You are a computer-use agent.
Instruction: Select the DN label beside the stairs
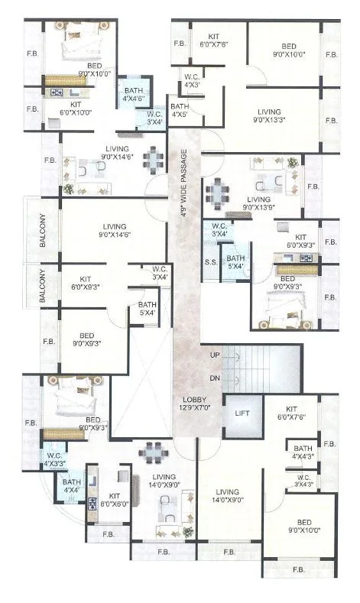pyautogui.click(x=215, y=378)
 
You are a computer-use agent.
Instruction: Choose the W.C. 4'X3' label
pyautogui.click(x=192, y=80)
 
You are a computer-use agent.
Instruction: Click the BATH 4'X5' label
pyautogui.click(x=180, y=111)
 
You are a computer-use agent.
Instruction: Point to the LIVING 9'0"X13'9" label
pyautogui.click(x=259, y=203)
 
